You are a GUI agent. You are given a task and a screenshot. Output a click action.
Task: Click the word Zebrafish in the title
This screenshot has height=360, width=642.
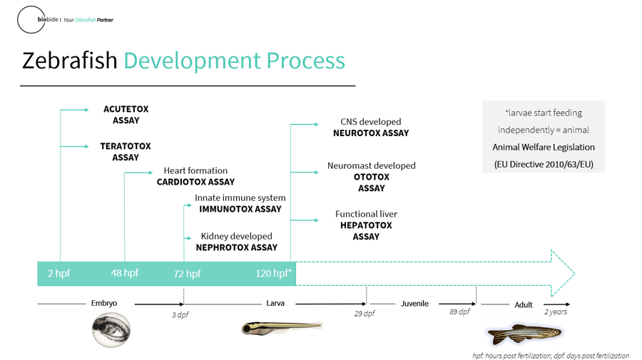click(x=70, y=61)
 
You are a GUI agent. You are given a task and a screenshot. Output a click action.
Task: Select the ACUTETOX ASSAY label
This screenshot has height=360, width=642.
click(x=126, y=115)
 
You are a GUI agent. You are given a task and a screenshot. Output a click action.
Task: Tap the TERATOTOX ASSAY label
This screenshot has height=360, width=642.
click(x=126, y=152)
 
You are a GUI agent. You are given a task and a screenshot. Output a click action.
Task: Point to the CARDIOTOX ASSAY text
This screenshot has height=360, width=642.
click(x=195, y=182)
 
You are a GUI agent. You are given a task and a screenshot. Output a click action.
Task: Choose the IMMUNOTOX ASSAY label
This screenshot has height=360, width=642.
click(x=240, y=209)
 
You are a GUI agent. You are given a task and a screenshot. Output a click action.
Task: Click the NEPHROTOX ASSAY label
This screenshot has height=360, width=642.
click(x=237, y=247)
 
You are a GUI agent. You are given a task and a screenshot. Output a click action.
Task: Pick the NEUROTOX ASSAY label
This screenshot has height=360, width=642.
click(x=371, y=133)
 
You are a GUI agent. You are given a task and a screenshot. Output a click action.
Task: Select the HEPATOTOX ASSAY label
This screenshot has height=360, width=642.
click(x=366, y=231)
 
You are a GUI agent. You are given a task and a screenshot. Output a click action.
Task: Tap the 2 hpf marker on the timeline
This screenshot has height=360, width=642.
click(x=58, y=273)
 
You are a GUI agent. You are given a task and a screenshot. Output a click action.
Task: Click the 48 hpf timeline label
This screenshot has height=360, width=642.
click(x=124, y=273)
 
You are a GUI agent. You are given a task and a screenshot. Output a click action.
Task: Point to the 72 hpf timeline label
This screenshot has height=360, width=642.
click(x=187, y=274)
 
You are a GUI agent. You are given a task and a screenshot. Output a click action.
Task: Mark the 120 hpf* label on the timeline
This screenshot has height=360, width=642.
click(x=273, y=273)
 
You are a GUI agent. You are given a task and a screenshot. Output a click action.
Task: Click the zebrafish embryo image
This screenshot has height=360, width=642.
click(x=111, y=330)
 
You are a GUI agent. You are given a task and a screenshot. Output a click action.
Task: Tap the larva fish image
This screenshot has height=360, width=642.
click(x=282, y=327)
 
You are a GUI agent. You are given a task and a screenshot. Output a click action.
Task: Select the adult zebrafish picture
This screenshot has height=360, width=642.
click(x=524, y=334)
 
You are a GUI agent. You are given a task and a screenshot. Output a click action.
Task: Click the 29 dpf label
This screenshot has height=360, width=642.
click(x=365, y=314)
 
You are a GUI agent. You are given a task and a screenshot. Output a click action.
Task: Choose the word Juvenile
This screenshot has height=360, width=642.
click(x=414, y=304)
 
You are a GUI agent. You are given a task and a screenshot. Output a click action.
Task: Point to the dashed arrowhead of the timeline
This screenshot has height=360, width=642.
click(x=563, y=273)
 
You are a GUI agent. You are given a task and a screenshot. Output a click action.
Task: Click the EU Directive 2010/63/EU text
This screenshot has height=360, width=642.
click(x=544, y=165)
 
